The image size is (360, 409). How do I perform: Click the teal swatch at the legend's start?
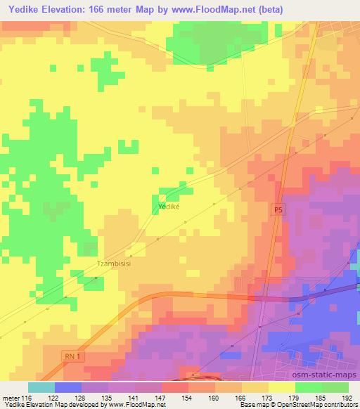[x=41, y=387]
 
